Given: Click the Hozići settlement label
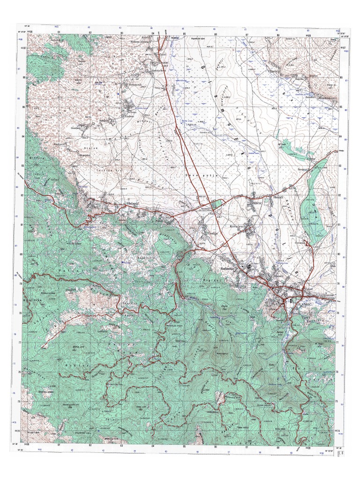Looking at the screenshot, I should coord(279,199).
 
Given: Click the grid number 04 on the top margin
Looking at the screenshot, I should coord(153,34).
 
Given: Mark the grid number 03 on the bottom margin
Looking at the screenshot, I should coord(121,445).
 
